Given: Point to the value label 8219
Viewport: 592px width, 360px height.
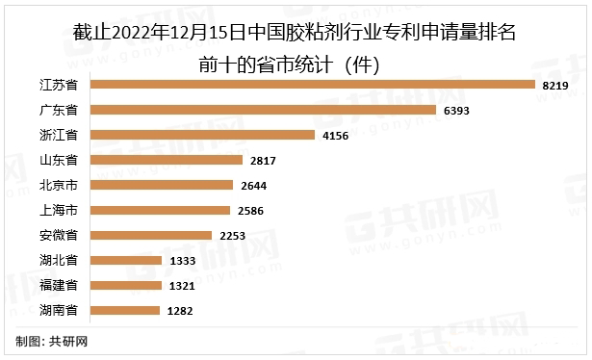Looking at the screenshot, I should point(555,86).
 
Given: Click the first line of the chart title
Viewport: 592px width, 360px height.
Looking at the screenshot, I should point(296,37).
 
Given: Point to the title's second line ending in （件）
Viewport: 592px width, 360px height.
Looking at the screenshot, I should point(296,64).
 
